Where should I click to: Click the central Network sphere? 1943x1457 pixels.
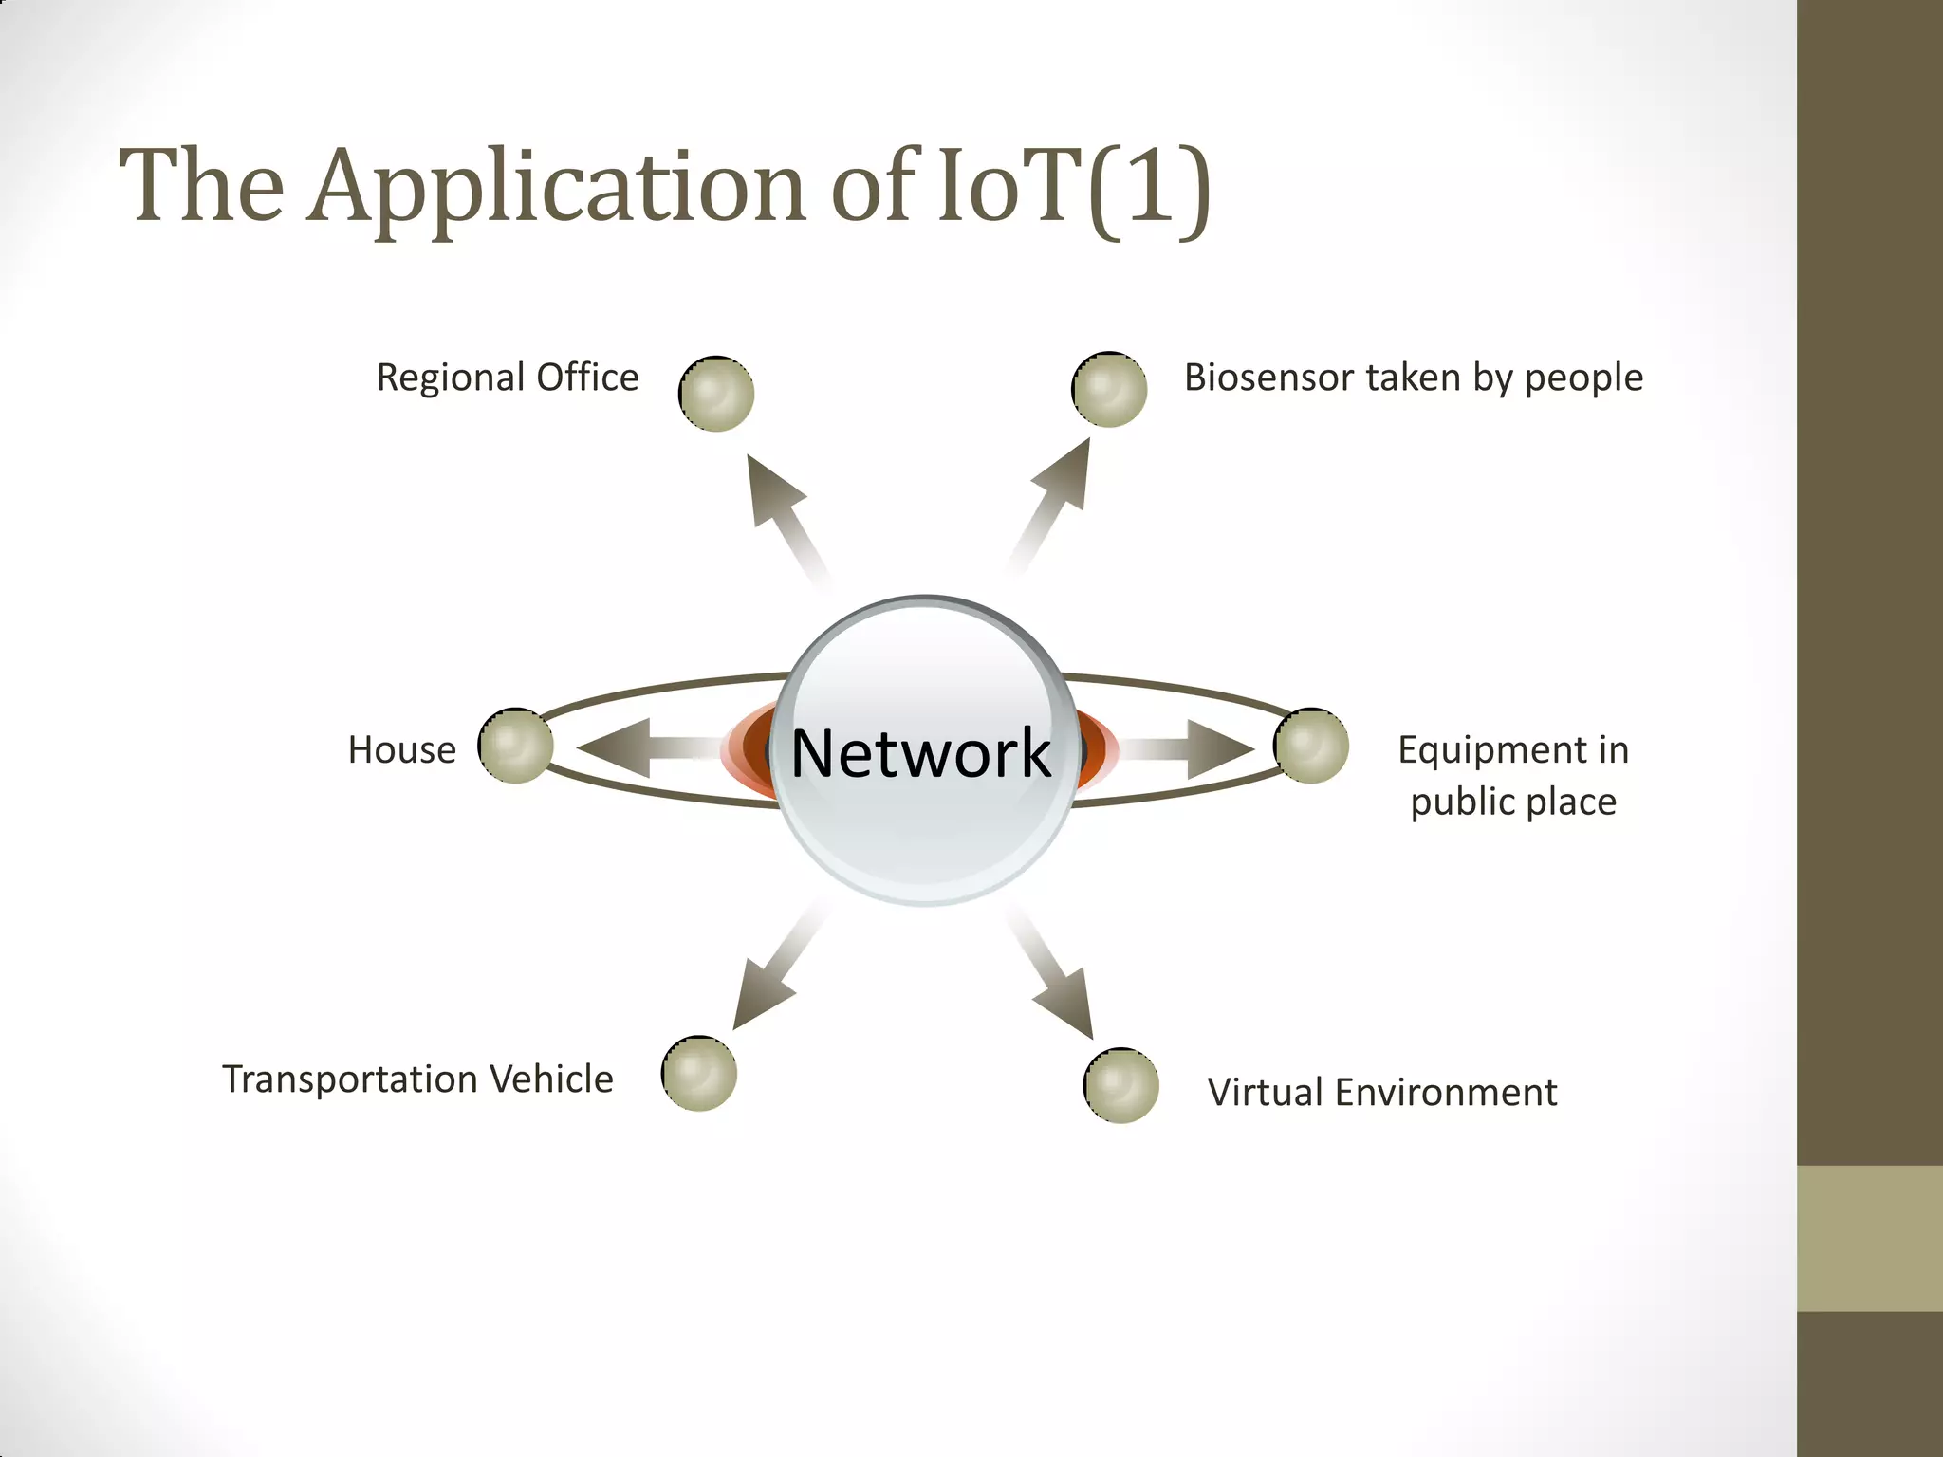[x=925, y=749]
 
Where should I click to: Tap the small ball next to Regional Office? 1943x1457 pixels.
[x=717, y=394]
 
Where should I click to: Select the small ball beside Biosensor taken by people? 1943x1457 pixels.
[x=1109, y=390]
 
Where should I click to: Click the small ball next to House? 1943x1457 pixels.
[x=516, y=746]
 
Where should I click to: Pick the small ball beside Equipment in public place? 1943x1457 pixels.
[x=1311, y=746]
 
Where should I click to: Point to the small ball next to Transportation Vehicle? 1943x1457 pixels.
[x=699, y=1074]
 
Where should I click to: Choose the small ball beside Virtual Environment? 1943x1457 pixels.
[x=1121, y=1086]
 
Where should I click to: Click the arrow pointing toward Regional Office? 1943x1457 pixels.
[x=783, y=512]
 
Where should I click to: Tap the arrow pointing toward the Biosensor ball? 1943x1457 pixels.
[x=1053, y=503]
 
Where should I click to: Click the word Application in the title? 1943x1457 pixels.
[x=560, y=187]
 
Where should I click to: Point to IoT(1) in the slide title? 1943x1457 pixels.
[x=1072, y=187]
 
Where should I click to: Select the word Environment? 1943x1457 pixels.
[x=1446, y=1093]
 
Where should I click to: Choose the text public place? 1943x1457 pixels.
[x=1513, y=802]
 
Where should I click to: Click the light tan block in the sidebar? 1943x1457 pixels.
[x=1870, y=1238]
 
